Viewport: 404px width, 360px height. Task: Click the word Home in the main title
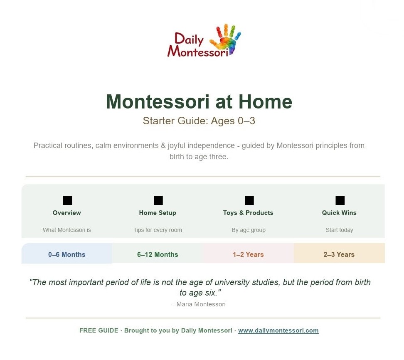click(x=265, y=102)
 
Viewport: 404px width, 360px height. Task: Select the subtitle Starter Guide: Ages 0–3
click(x=199, y=121)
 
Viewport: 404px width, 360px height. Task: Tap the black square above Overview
click(x=67, y=200)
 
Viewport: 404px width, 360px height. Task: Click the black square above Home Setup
click(x=158, y=200)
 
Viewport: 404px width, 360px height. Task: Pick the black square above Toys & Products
click(x=249, y=200)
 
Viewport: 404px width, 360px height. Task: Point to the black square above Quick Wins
click(x=340, y=200)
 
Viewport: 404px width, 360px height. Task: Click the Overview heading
click(x=67, y=213)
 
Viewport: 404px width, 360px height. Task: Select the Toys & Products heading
click(x=248, y=213)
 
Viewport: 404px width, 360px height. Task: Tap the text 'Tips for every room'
click(x=158, y=230)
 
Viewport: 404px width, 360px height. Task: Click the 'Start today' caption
click(x=339, y=230)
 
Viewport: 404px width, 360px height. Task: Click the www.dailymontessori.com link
click(x=278, y=330)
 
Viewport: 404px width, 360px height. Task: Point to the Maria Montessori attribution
click(x=199, y=304)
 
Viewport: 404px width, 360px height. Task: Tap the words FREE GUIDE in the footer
click(x=99, y=330)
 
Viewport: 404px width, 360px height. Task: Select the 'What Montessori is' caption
click(x=67, y=230)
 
